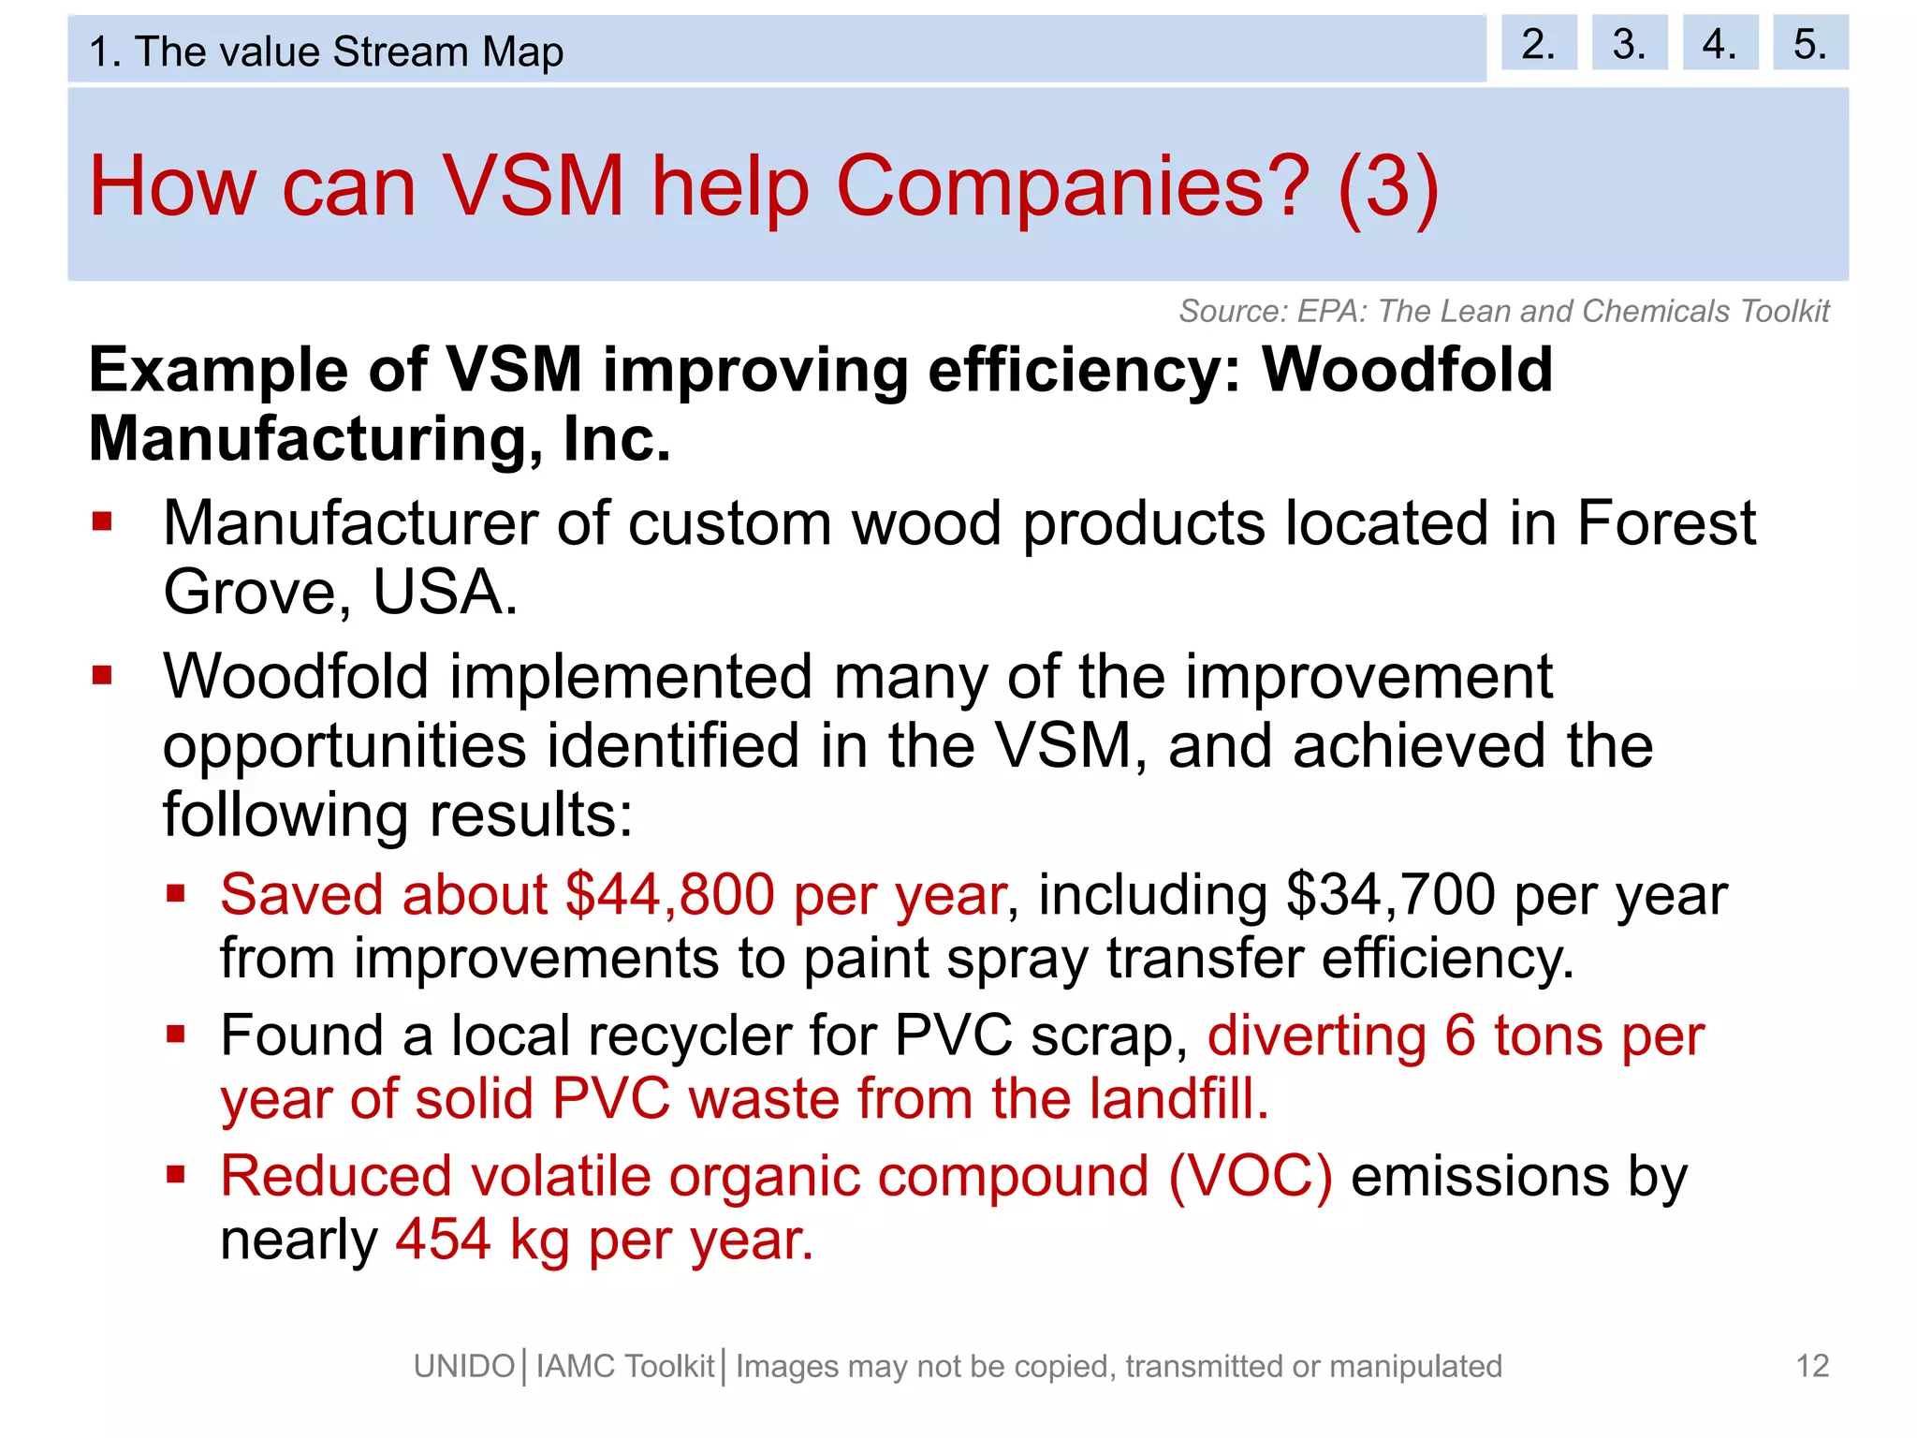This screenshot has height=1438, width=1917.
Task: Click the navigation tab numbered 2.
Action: coord(1538,43)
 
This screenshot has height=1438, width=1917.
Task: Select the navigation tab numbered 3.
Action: coord(1629,43)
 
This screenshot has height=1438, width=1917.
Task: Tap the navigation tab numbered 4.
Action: coord(1719,43)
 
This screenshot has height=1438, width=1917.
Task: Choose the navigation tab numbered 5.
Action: coord(1809,43)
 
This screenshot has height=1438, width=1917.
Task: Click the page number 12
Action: coord(1812,1366)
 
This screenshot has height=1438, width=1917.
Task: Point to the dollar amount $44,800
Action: coord(670,894)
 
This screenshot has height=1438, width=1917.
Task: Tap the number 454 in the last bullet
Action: coord(443,1240)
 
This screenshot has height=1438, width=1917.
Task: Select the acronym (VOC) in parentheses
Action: coord(1250,1176)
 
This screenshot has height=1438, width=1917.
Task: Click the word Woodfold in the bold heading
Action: coord(1407,369)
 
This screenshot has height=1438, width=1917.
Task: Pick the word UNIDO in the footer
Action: coord(464,1367)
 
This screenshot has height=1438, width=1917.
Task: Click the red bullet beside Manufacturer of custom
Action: coord(102,521)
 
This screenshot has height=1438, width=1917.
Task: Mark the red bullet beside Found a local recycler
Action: coord(176,1034)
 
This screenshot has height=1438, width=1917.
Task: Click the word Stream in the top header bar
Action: coord(400,51)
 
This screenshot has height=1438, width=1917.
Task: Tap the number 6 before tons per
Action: coord(1459,1036)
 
